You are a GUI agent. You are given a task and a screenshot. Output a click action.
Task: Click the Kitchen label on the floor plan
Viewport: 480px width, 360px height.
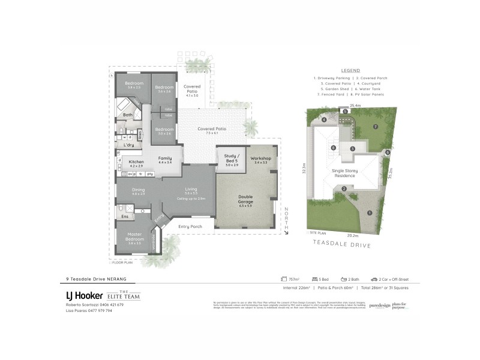point(136,161)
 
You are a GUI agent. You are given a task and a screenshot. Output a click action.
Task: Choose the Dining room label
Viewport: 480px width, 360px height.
point(139,191)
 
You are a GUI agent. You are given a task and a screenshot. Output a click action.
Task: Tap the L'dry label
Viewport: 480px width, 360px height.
point(128,145)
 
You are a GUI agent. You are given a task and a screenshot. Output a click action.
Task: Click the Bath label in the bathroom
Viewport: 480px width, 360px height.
point(127,115)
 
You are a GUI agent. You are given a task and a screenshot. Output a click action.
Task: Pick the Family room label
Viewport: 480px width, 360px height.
point(165,158)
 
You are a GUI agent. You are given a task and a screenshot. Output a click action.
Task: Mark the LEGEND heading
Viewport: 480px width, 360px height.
point(350,70)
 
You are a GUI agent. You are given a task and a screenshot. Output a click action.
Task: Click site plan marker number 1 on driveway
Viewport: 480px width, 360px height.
point(370,212)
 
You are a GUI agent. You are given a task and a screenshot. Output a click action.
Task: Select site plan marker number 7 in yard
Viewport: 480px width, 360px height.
point(376,127)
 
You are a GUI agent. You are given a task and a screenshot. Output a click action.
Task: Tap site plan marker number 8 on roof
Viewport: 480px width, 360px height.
point(333,148)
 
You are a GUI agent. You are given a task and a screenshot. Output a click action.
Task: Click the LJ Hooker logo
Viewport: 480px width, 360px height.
point(83,295)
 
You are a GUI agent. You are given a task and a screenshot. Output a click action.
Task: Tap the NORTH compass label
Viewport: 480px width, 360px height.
point(286,220)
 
